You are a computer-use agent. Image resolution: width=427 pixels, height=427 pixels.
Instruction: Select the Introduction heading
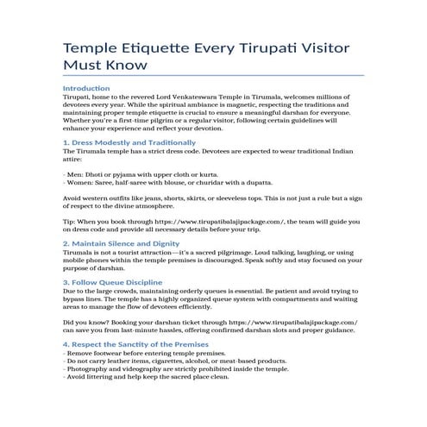(86, 89)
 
